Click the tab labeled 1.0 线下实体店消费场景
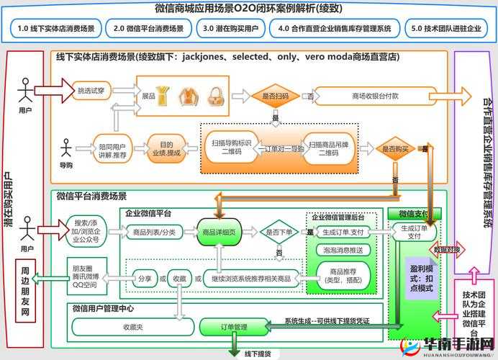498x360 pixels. (x=56, y=30)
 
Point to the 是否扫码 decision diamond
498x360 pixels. (x=274, y=96)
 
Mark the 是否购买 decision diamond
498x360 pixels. (x=394, y=149)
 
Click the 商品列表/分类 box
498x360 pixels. (x=154, y=232)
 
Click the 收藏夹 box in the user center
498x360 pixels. (x=135, y=327)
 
